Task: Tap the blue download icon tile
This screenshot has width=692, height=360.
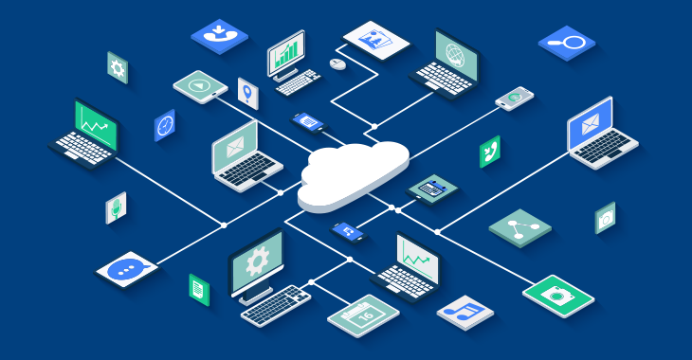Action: [219, 36]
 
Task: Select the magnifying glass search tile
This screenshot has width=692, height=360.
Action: [566, 42]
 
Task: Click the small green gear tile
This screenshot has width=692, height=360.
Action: [118, 67]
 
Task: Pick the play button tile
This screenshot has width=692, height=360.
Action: [200, 86]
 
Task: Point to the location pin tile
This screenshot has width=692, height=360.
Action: [247, 94]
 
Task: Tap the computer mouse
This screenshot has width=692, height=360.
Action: [337, 63]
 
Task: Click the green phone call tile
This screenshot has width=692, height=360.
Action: [489, 152]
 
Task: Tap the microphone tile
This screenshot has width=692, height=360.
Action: [116, 207]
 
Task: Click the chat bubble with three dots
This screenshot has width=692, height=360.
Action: [126, 269]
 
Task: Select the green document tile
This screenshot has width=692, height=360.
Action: [198, 289]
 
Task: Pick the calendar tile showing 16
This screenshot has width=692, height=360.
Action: [363, 314]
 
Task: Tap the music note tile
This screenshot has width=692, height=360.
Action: [465, 311]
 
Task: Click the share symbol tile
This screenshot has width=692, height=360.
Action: [519, 227]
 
